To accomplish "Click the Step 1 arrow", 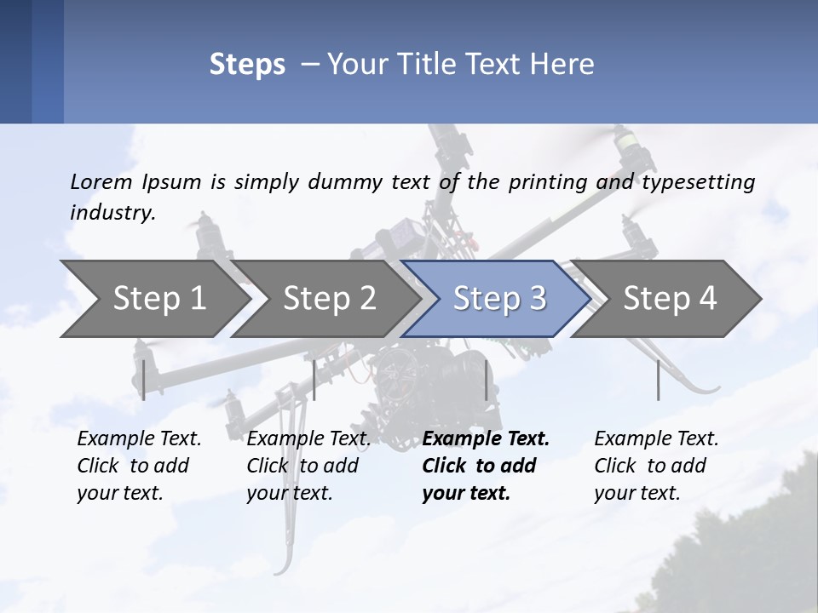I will pyautogui.click(x=158, y=299).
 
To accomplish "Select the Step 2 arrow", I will pyautogui.click(x=329, y=299).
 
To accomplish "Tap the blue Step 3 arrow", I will pyautogui.click(x=498, y=299).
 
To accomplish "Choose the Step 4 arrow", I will pyautogui.click(x=669, y=299).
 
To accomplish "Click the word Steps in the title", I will pyautogui.click(x=247, y=65).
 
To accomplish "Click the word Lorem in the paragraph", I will pyautogui.click(x=101, y=181).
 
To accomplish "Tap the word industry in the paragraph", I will pyautogui.click(x=112, y=212).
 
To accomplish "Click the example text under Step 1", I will pyautogui.click(x=139, y=466).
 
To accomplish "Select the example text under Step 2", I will pyautogui.click(x=308, y=466).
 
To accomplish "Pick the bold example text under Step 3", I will pyautogui.click(x=486, y=466).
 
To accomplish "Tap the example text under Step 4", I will pyautogui.click(x=656, y=466).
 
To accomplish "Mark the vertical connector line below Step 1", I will pyautogui.click(x=144, y=380).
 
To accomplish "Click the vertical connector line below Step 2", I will pyautogui.click(x=314, y=380).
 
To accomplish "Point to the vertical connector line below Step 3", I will pyautogui.click(x=486, y=380).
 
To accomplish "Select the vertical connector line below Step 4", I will pyautogui.click(x=659, y=380).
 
